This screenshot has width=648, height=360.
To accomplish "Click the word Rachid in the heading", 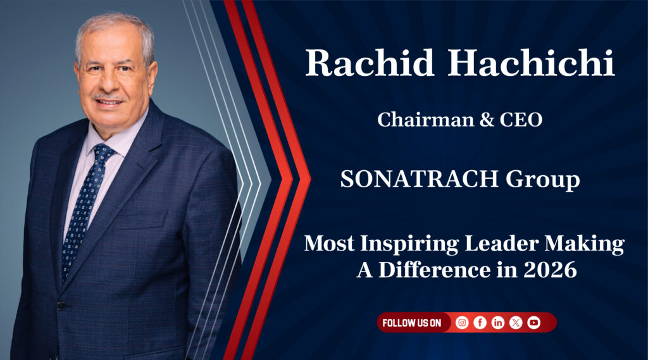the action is [x=370, y=63].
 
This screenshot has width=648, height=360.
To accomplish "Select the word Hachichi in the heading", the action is [x=532, y=63].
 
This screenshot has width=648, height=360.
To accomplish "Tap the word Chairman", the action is [x=426, y=120].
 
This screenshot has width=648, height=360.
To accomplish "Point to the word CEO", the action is [x=521, y=120].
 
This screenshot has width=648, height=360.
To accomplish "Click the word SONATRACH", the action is [x=420, y=179].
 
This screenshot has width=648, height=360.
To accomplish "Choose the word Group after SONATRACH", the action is [x=542, y=180].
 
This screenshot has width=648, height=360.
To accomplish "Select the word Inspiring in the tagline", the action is [x=409, y=244].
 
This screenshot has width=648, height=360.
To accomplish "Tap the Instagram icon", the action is [x=462, y=323].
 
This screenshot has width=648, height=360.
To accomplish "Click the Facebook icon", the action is [x=480, y=323].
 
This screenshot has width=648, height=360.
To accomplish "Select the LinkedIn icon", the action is [x=497, y=323].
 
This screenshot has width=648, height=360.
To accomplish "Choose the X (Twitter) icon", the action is [x=516, y=323].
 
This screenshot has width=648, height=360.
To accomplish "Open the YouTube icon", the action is [x=533, y=323].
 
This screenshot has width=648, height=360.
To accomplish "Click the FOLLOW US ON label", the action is [x=411, y=323].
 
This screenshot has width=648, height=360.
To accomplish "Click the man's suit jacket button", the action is [x=61, y=306].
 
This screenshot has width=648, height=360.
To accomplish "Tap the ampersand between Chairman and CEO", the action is [x=487, y=120].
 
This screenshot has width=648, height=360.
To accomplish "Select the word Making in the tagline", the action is [x=584, y=244].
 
